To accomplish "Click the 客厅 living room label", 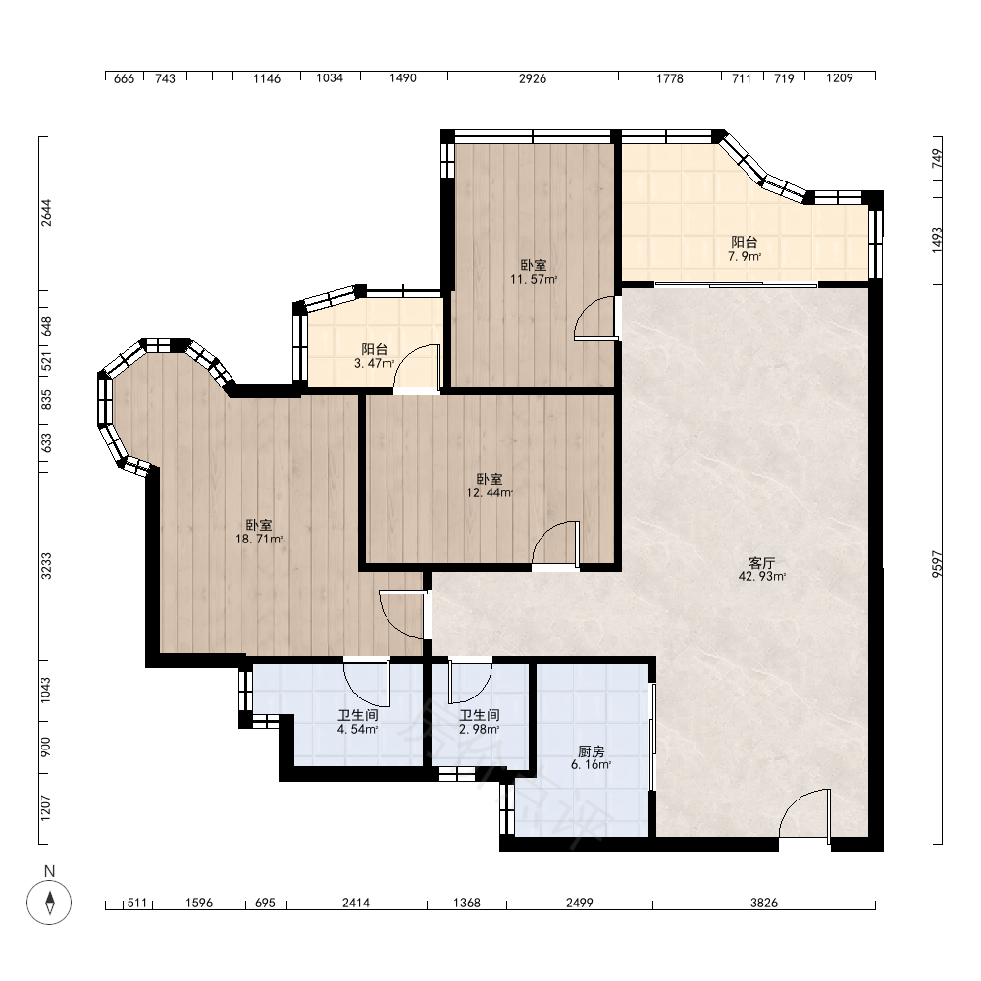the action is [x=761, y=563].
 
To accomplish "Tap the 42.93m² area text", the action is [x=761, y=577].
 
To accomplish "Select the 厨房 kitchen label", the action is [x=591, y=750].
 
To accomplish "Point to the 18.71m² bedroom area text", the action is [x=259, y=539].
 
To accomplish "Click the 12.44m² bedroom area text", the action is [x=490, y=492].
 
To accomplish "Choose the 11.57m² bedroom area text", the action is [x=533, y=279].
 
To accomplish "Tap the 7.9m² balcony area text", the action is [x=744, y=256].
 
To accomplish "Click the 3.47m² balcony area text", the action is [x=374, y=363].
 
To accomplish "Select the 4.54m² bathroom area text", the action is [x=357, y=729].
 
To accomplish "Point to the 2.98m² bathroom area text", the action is [x=479, y=729].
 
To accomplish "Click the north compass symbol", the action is [x=49, y=903].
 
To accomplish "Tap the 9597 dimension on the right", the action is [x=937, y=564].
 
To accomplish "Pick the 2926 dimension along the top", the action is [x=533, y=78].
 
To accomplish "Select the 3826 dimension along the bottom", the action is [x=764, y=903].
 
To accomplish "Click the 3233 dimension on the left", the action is [x=46, y=566].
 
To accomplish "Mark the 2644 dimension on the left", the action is [x=46, y=213].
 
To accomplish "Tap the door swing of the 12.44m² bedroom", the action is [x=555, y=544].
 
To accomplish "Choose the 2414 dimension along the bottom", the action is [x=356, y=903].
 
